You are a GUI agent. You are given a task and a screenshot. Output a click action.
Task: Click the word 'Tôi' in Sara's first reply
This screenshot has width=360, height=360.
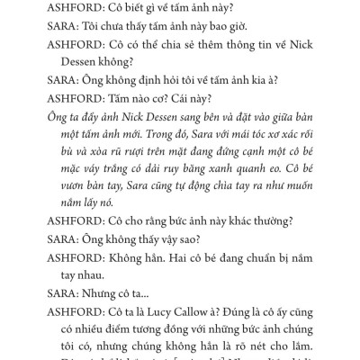pyautogui.click(x=77, y=31)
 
